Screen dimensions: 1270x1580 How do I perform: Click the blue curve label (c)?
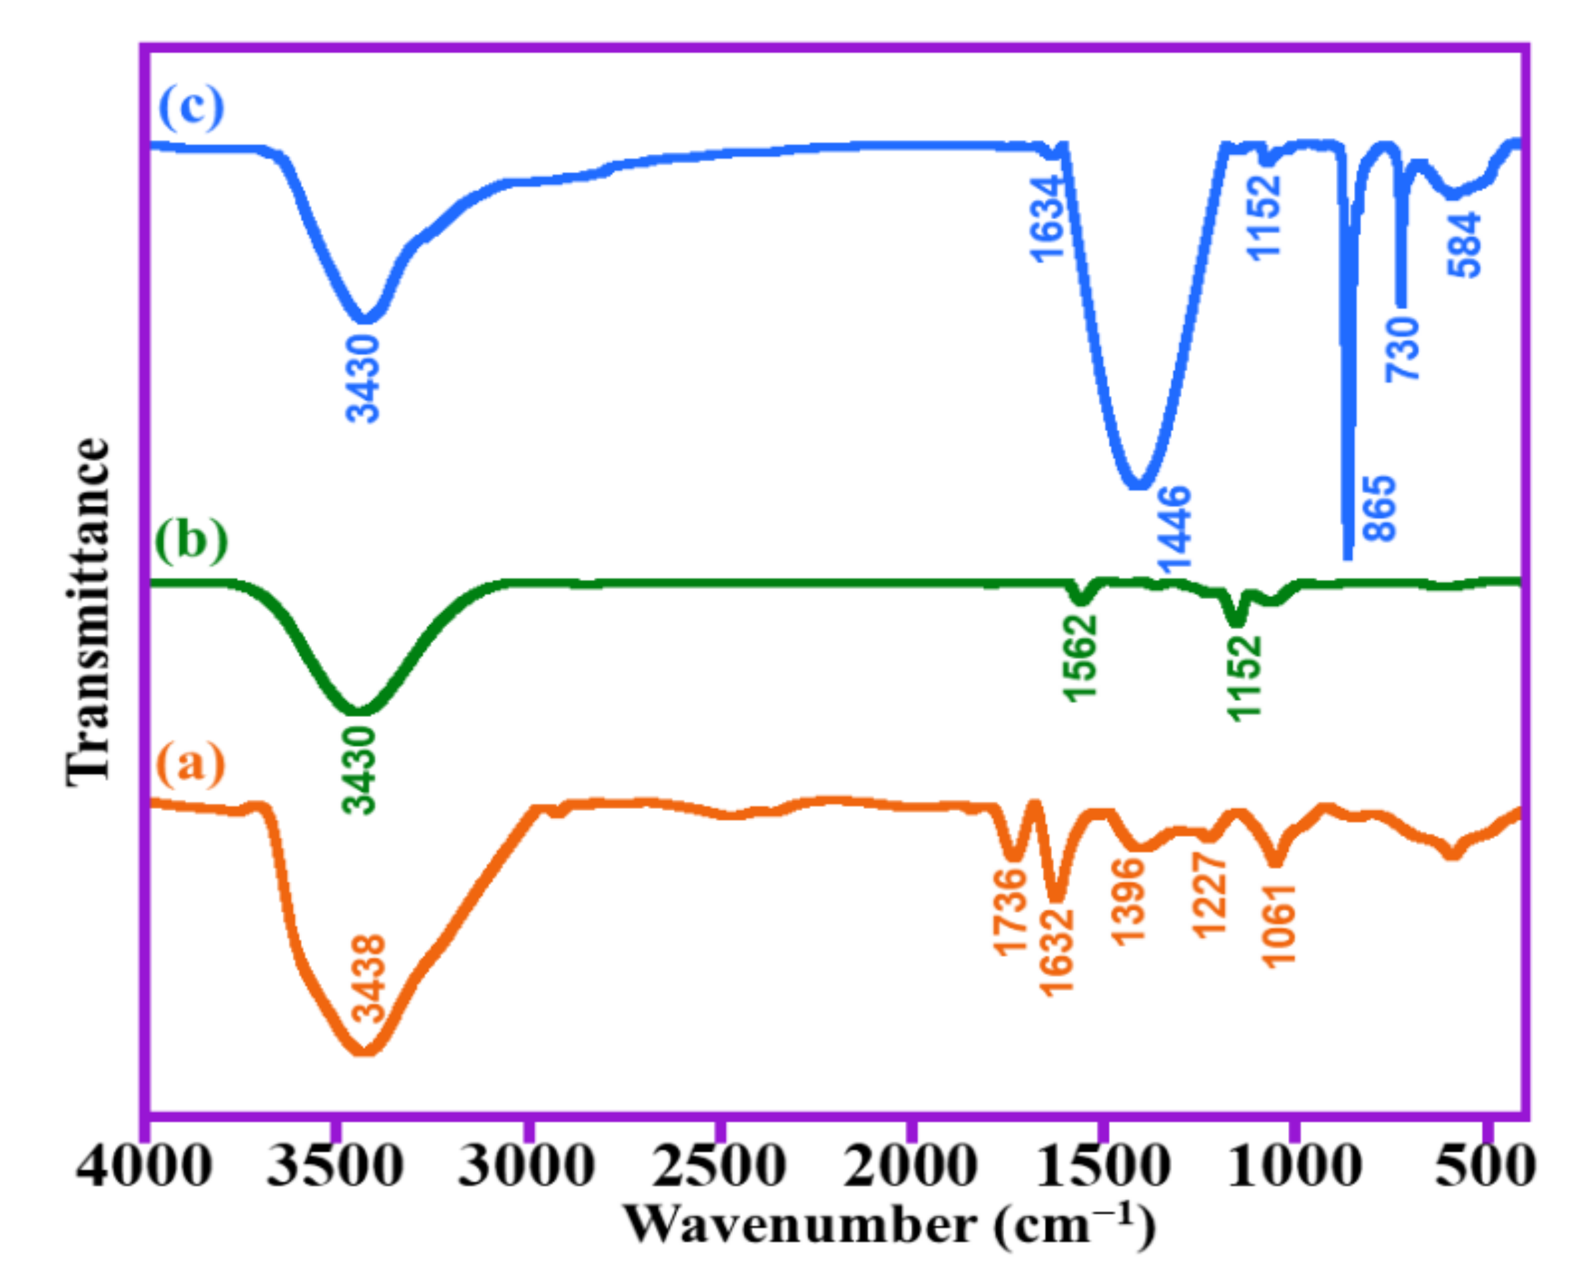191,107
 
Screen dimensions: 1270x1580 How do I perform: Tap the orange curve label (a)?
191,765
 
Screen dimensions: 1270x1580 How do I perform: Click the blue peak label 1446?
1174,529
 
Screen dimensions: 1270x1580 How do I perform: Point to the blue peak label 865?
1380,508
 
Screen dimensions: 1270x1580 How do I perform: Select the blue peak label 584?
1464,245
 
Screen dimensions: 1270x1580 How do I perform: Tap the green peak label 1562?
1082,658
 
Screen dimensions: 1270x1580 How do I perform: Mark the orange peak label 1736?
1010,911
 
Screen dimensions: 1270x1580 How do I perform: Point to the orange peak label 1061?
1279,926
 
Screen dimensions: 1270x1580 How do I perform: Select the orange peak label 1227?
1209,895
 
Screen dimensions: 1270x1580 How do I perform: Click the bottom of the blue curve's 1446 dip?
1138,483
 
